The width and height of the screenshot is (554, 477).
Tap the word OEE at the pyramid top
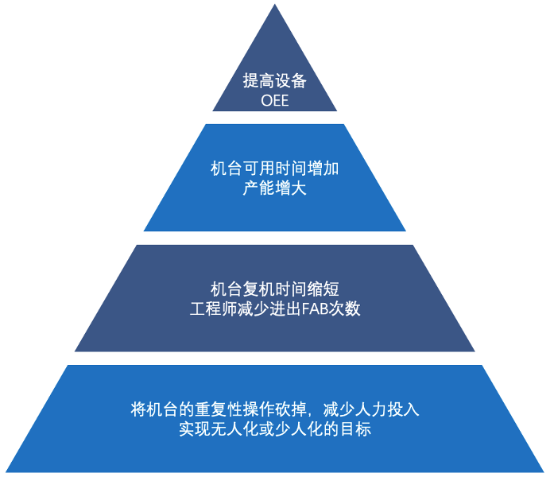274,101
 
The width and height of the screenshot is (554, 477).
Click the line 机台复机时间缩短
275,289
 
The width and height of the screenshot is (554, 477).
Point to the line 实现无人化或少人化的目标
275,430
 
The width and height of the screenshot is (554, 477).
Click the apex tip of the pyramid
275,6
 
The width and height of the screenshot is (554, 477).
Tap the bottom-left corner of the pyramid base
6,471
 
